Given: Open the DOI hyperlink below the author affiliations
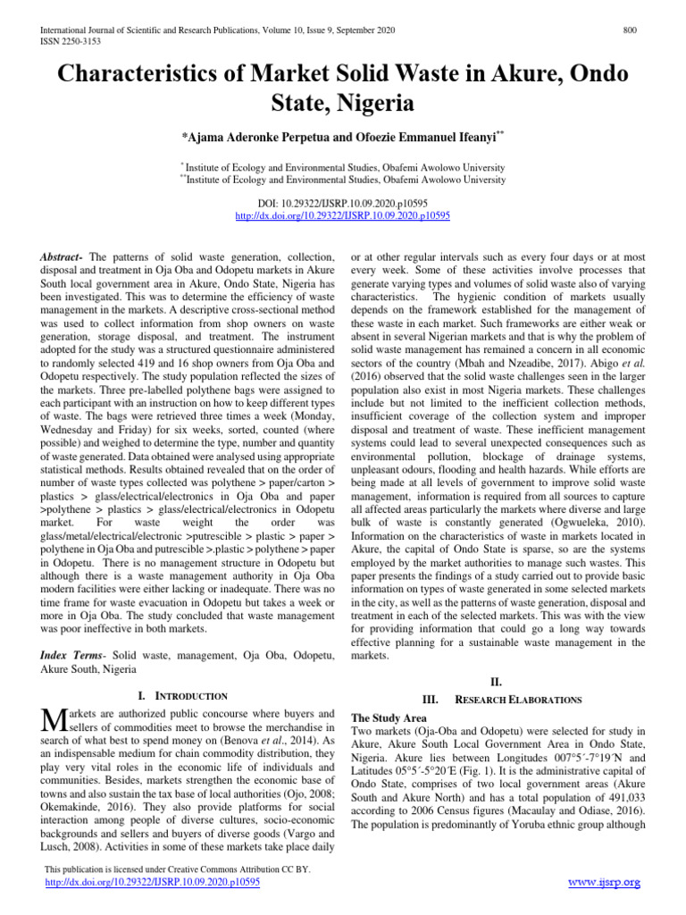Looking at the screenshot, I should pos(342,215).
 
